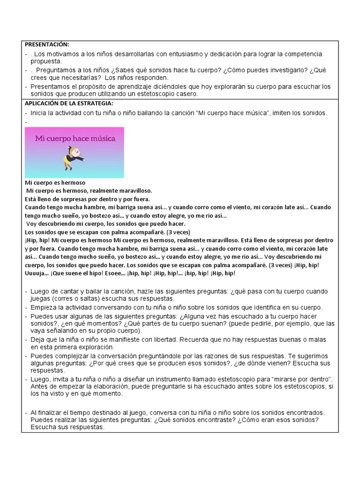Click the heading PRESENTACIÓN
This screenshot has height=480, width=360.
click(47, 45)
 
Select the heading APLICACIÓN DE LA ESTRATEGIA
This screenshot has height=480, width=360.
click(69, 103)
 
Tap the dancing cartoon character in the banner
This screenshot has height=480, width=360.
click(74, 157)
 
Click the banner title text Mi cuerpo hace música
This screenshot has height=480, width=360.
click(74, 139)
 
